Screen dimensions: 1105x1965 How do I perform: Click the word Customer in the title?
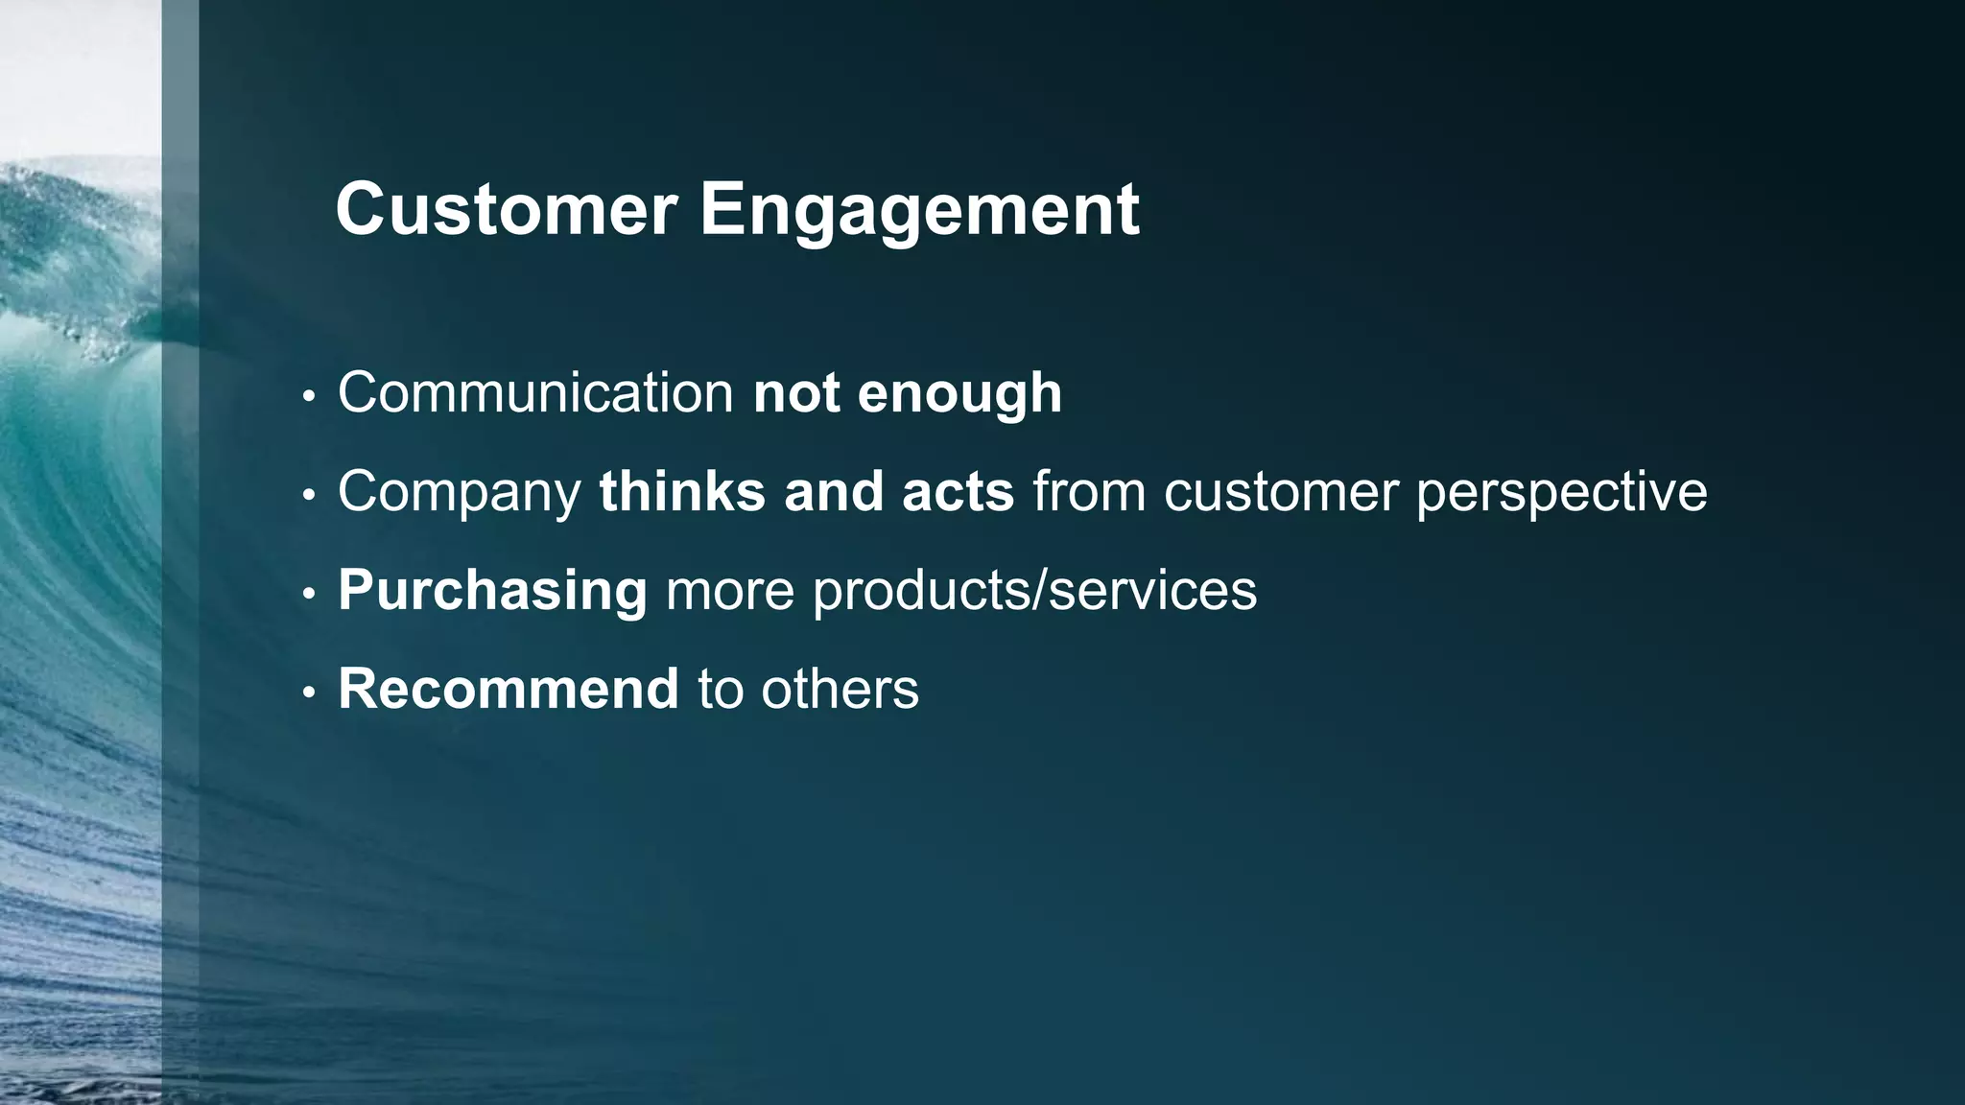507,209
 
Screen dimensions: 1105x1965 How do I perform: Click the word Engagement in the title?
918,211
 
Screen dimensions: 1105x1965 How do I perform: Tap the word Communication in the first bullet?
535,392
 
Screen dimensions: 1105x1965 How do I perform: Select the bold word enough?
959,394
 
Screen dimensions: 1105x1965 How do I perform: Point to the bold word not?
796,393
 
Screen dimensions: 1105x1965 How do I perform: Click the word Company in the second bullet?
460,493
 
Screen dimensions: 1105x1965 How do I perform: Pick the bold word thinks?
681,491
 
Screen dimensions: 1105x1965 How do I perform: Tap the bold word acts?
958,492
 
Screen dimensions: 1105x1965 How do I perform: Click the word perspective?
1561,493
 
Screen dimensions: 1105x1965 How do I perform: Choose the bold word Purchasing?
492,591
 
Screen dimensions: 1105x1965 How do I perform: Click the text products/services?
1034,591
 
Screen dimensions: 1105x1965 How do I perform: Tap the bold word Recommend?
509,689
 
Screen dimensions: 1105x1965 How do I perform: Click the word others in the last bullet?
840,689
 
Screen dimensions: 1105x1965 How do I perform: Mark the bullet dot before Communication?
308,396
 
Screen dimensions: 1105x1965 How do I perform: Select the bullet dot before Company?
308,495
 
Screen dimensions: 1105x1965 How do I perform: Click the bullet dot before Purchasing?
308,594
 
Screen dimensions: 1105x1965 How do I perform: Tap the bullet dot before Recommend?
308,692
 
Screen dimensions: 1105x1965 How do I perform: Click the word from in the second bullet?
1089,492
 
